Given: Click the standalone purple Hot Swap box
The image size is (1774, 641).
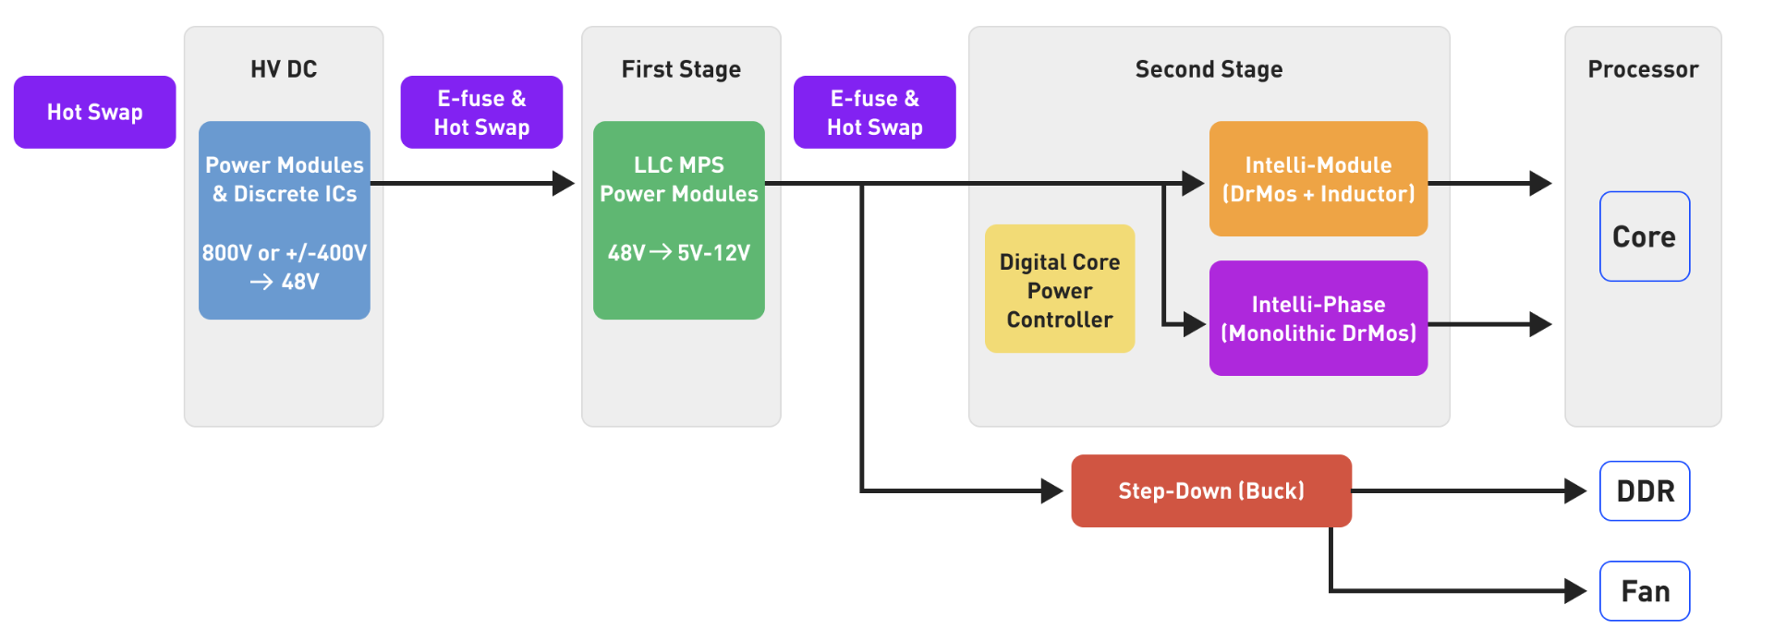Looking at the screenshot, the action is coord(94,112).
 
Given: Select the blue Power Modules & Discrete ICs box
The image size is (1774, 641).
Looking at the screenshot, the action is coord(285,220).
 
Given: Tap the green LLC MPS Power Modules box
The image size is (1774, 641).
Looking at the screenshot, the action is coord(679,220).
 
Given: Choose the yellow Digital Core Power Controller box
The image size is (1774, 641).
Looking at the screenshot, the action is coord(1060,289).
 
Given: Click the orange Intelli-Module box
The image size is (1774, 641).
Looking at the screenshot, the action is coord(1318,178).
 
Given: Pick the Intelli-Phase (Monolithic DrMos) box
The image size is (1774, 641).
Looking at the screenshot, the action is coord(1318,318).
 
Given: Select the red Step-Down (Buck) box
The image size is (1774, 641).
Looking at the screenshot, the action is coord(1211,490).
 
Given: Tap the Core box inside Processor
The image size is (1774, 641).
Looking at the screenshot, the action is coord(1645,236).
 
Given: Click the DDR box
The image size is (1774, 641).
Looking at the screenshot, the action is coord(1645,491).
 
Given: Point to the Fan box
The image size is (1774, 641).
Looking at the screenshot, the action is coord(1645,591).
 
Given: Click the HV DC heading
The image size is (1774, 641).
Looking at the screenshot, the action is coord(284,69).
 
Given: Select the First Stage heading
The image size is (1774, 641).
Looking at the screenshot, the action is coord(681,69).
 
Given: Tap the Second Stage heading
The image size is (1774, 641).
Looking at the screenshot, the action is coord(1209,69).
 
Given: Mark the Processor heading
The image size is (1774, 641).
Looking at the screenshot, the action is coord(1643,69).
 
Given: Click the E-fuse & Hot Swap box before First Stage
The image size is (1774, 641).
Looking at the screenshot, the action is coord(481,112).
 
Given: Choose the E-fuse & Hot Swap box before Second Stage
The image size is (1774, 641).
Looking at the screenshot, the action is coord(875,112).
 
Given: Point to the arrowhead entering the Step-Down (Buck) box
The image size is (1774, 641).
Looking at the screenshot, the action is coord(1052,490).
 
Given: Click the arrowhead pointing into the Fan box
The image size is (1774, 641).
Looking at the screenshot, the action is coord(1576,591).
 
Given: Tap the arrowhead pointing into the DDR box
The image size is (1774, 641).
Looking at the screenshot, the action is coord(1576,491).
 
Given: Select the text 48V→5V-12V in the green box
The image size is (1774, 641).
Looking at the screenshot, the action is coord(679,252).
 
